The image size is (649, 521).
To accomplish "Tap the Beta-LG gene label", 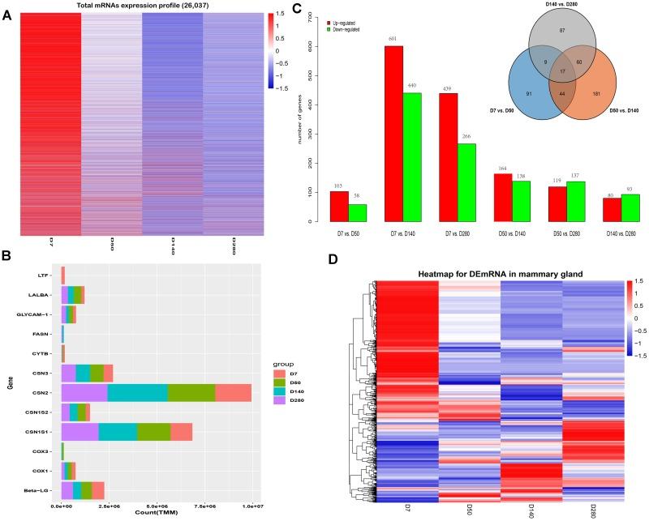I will pos(38,491).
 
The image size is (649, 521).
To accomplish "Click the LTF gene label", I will pos(45,275).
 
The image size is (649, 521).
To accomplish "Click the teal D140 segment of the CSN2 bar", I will pos(137,392).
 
